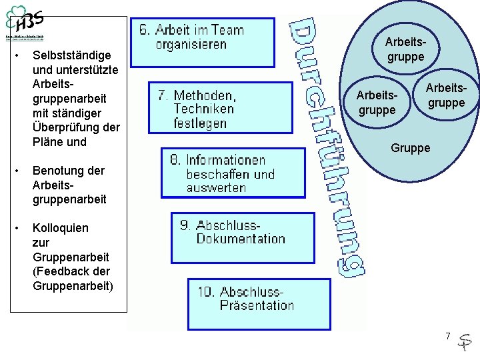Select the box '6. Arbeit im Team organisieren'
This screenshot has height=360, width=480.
pos(201,41)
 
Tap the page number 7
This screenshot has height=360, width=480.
pos(448,335)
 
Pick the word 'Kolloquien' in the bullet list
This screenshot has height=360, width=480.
pos(60,227)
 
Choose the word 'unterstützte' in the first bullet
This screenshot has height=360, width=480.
pos(76,69)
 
